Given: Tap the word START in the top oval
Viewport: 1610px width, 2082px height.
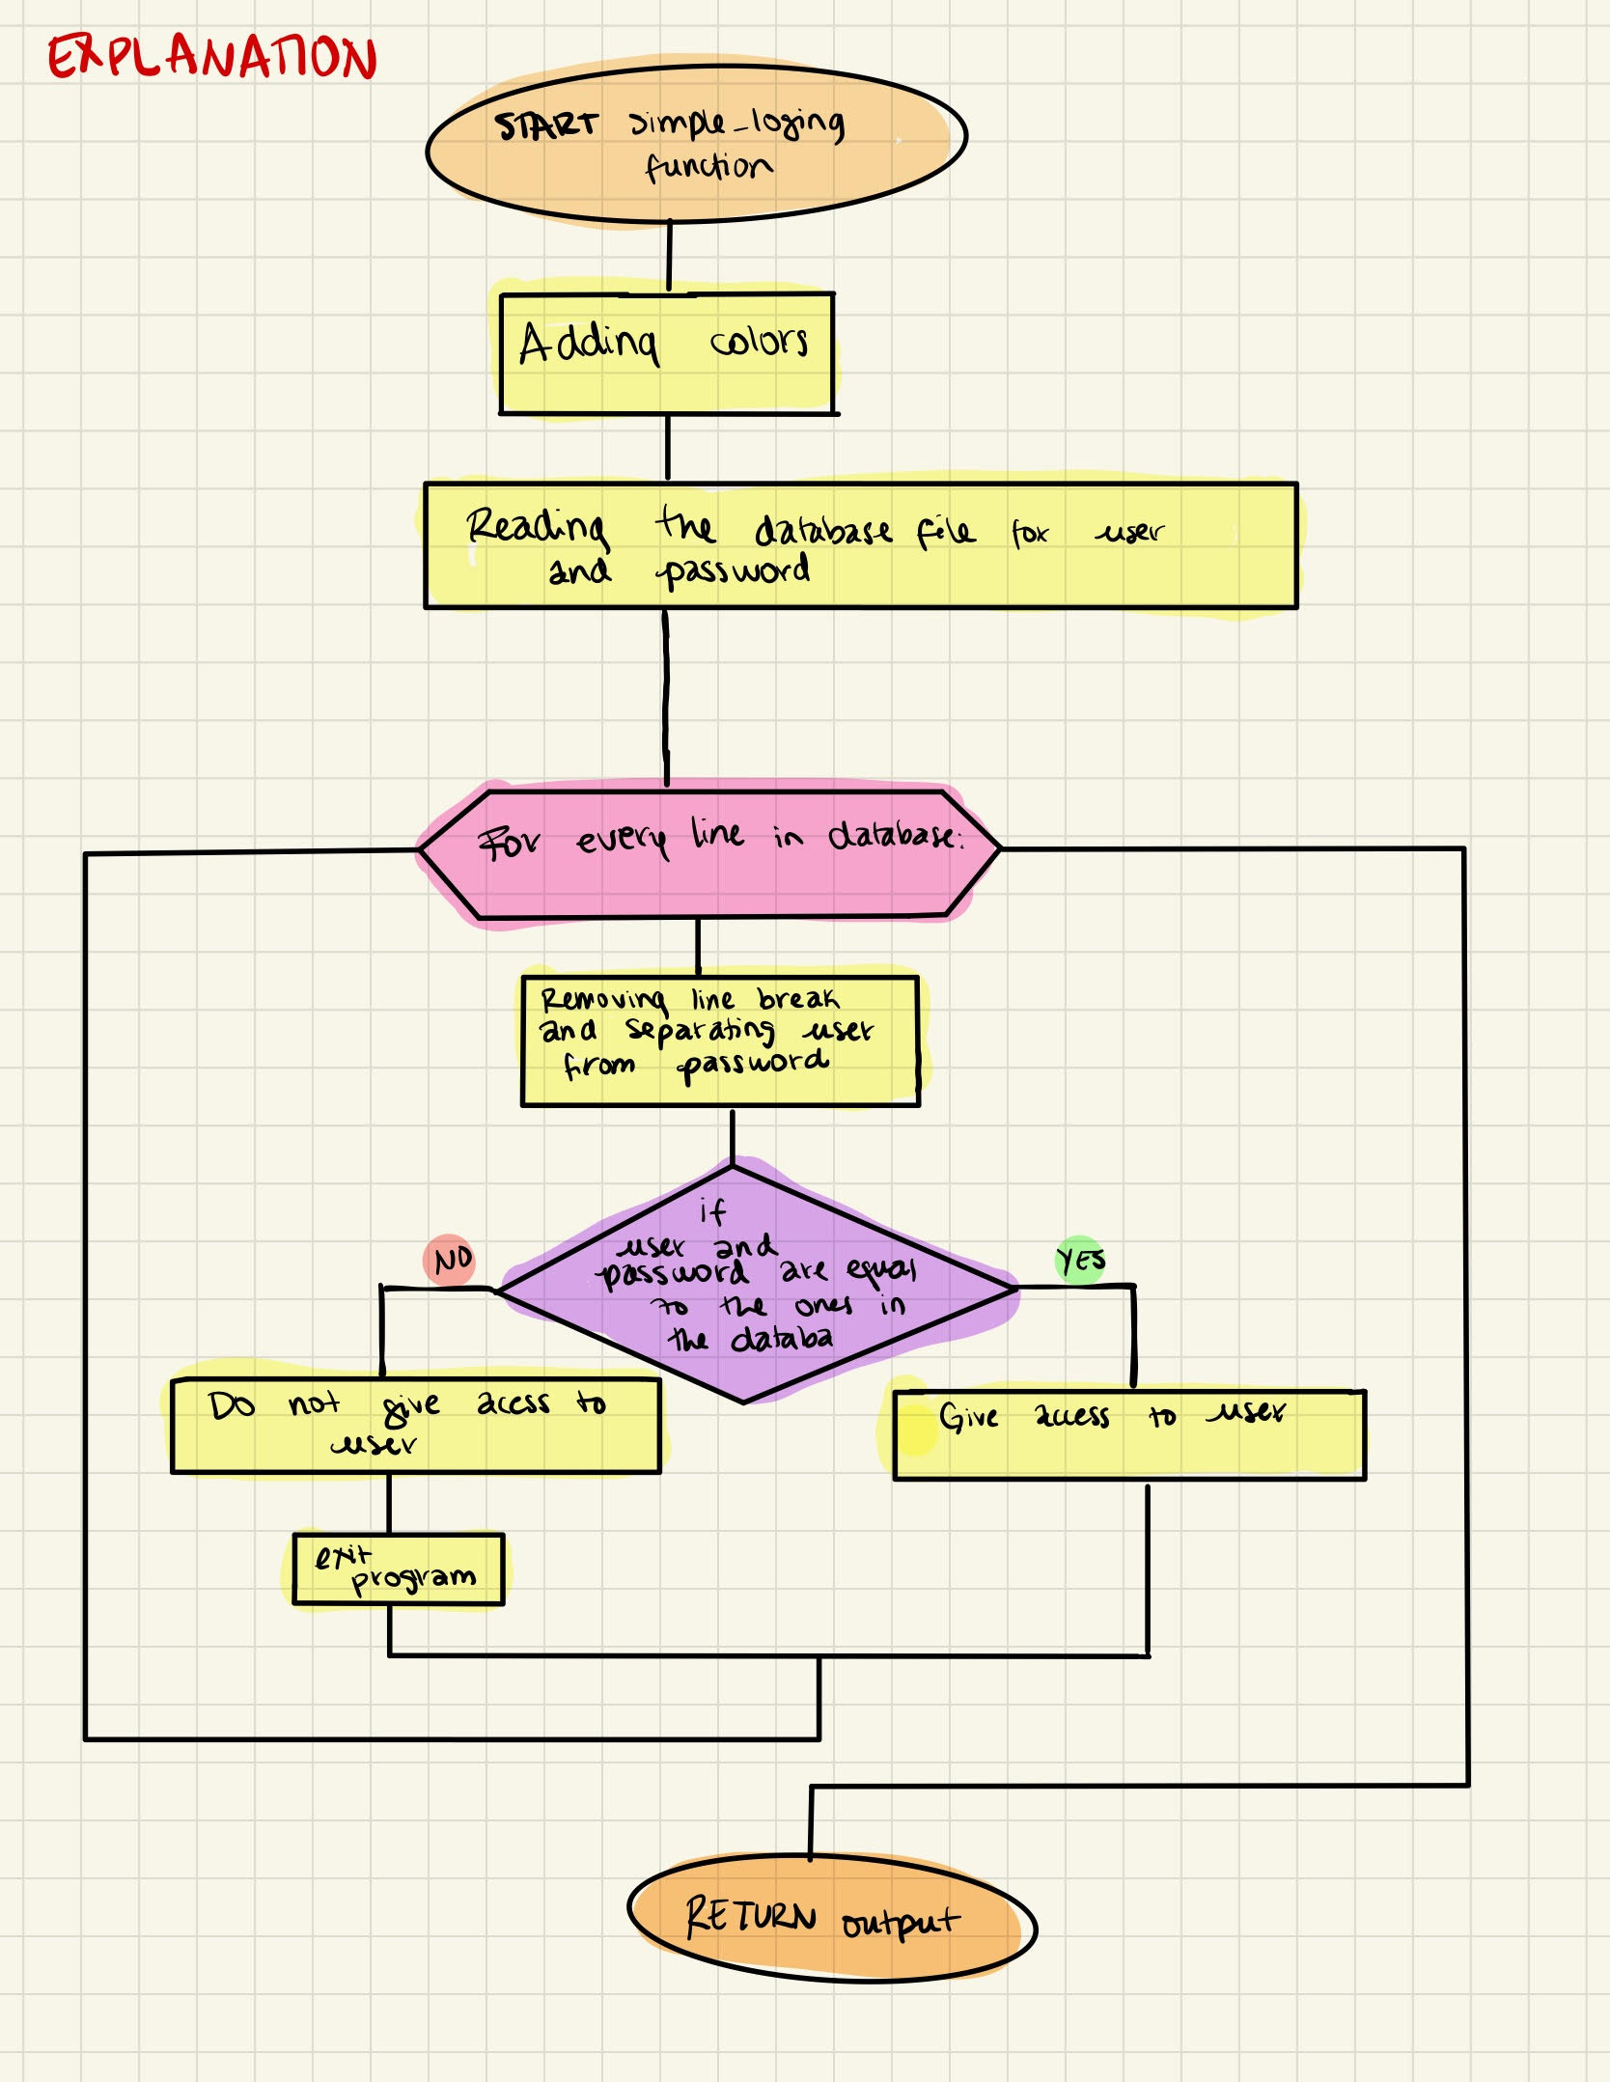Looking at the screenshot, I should coord(546,125).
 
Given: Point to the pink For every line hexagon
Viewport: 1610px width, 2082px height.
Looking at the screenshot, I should coord(709,854).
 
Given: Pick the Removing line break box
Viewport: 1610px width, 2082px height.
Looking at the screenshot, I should coord(720,1041).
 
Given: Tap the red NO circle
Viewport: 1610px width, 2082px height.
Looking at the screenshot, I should coord(450,1260).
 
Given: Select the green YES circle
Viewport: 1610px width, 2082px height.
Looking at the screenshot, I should coord(1080,1260).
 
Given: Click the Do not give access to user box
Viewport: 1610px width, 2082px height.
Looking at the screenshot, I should coord(415,1426).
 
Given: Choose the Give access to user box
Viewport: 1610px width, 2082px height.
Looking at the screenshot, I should coord(1129,1435).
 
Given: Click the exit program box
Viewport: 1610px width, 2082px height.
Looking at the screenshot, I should coord(398,1569).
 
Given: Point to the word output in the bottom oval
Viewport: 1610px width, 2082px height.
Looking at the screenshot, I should coord(900,1923).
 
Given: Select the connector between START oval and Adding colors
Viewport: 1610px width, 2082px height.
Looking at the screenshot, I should coord(669,257).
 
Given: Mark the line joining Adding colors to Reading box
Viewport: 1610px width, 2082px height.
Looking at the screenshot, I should coord(667,448).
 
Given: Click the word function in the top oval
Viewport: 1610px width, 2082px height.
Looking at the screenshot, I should coord(708,167).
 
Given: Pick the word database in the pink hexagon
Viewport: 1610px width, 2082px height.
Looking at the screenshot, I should coord(893,835).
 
